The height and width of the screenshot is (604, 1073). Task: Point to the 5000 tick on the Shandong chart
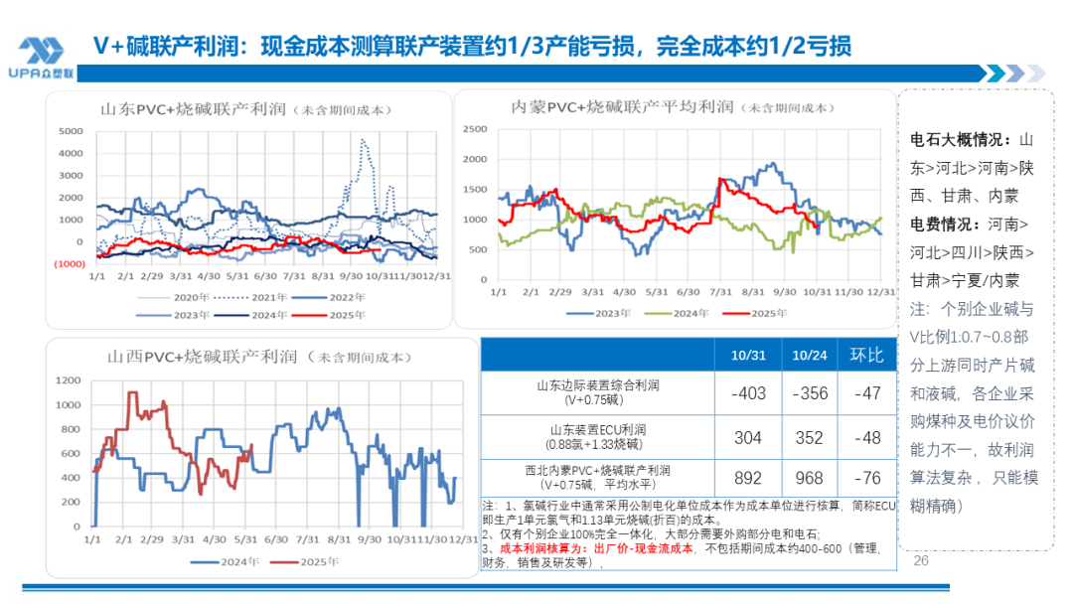[x=71, y=131]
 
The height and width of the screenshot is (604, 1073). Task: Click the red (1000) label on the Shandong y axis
[x=70, y=263]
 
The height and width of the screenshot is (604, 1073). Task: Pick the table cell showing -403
[x=748, y=393]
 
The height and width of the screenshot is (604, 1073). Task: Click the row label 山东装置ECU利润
[x=597, y=429]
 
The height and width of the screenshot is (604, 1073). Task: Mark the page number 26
[x=920, y=561]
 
